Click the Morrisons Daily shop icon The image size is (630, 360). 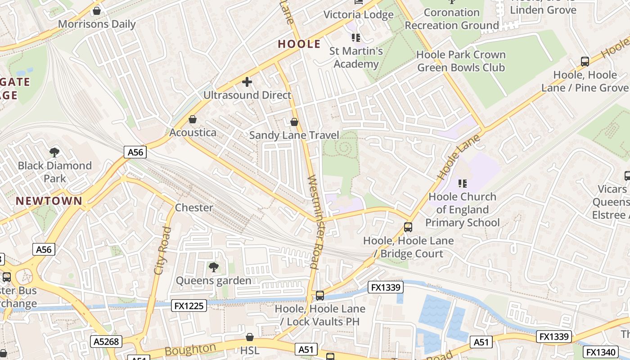96,11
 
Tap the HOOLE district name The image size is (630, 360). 299,44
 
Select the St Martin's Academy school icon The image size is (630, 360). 356,37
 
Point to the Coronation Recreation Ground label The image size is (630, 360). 452,19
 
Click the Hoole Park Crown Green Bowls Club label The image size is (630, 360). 461,61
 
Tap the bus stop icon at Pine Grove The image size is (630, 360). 585,62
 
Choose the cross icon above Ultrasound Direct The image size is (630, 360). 247,82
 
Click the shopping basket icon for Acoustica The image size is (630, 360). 193,119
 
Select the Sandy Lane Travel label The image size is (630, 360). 294,135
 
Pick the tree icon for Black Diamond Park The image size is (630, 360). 54,152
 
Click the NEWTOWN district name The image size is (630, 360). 49,201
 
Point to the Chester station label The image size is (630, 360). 193,208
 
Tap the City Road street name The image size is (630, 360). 162,251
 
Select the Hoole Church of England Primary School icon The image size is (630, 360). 462,183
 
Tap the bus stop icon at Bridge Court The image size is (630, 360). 408,227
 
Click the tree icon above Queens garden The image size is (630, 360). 213,267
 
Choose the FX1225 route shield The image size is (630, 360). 189,306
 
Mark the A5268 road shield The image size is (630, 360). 106,342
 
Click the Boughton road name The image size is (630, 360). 190,350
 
